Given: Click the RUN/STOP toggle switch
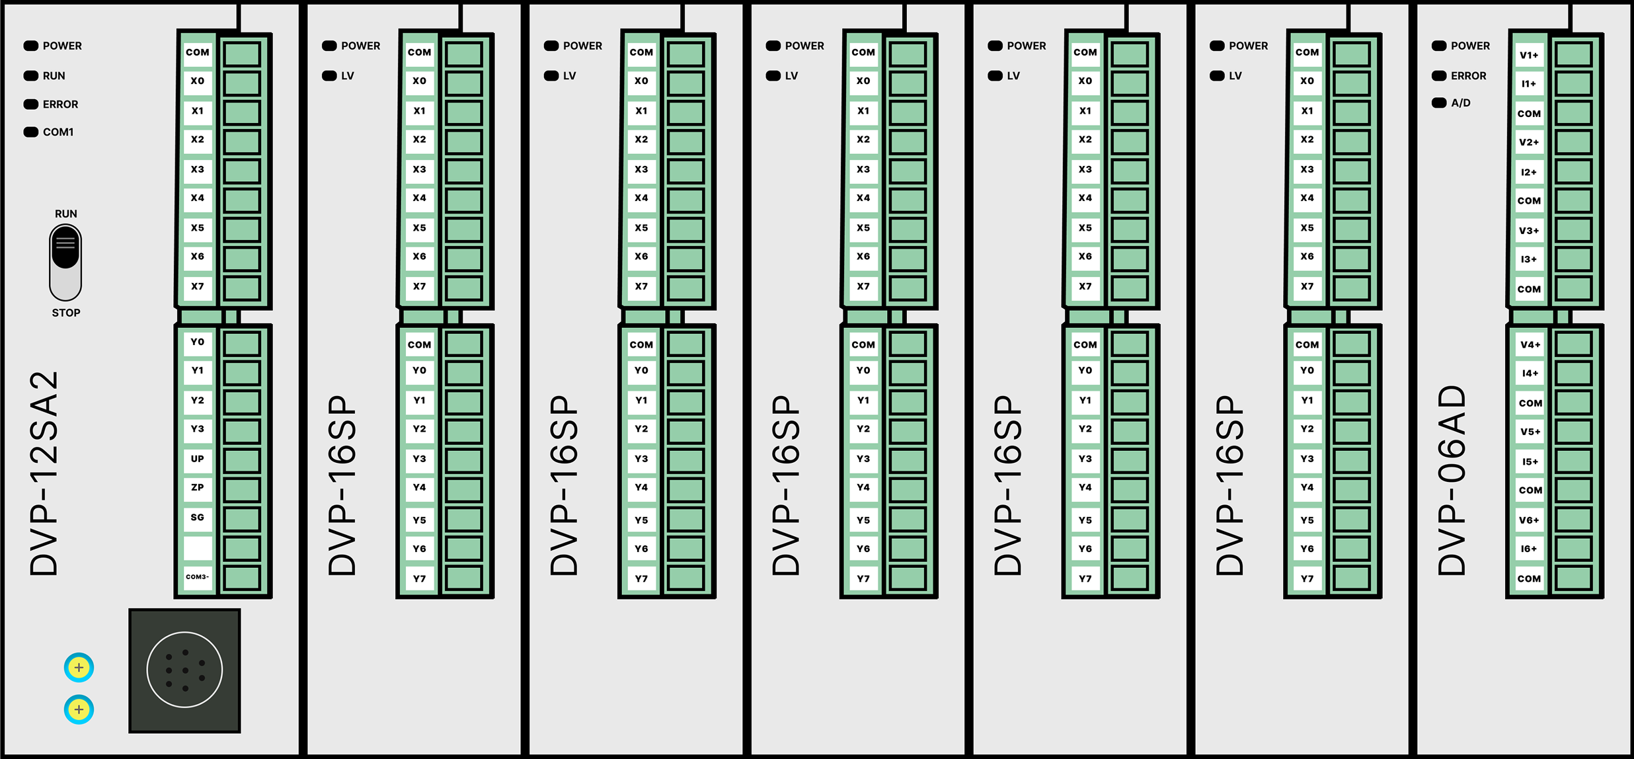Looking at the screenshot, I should (65, 262).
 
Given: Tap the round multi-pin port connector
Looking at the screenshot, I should (184, 670).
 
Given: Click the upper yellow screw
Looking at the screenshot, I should (79, 667).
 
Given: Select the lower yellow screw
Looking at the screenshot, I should (79, 709).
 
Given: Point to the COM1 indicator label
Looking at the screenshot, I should (58, 132).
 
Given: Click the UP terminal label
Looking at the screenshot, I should (198, 458).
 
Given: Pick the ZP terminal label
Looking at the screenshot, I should (198, 487).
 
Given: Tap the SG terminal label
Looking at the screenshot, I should (198, 517).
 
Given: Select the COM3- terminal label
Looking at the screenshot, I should (198, 577).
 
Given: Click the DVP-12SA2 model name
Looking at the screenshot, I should (45, 473).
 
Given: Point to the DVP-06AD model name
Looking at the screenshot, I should (1452, 479).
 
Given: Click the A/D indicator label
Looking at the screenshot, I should (1460, 103).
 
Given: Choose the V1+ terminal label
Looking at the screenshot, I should (1529, 55).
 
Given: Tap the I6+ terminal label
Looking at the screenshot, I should (1529, 549).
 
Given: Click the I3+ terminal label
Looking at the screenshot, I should (1529, 259).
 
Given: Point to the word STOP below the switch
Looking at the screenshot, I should (66, 313).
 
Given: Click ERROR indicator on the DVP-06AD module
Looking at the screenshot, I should (1468, 76).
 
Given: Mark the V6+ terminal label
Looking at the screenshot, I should (1529, 520).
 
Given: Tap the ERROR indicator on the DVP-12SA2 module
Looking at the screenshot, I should (60, 104).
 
